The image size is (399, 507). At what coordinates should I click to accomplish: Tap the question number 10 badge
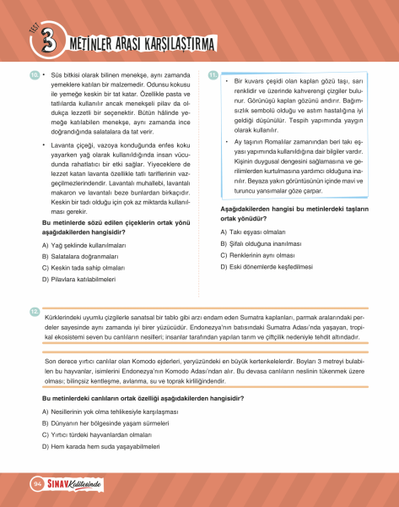(34, 74)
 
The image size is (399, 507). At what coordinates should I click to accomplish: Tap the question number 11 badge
(213, 74)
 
